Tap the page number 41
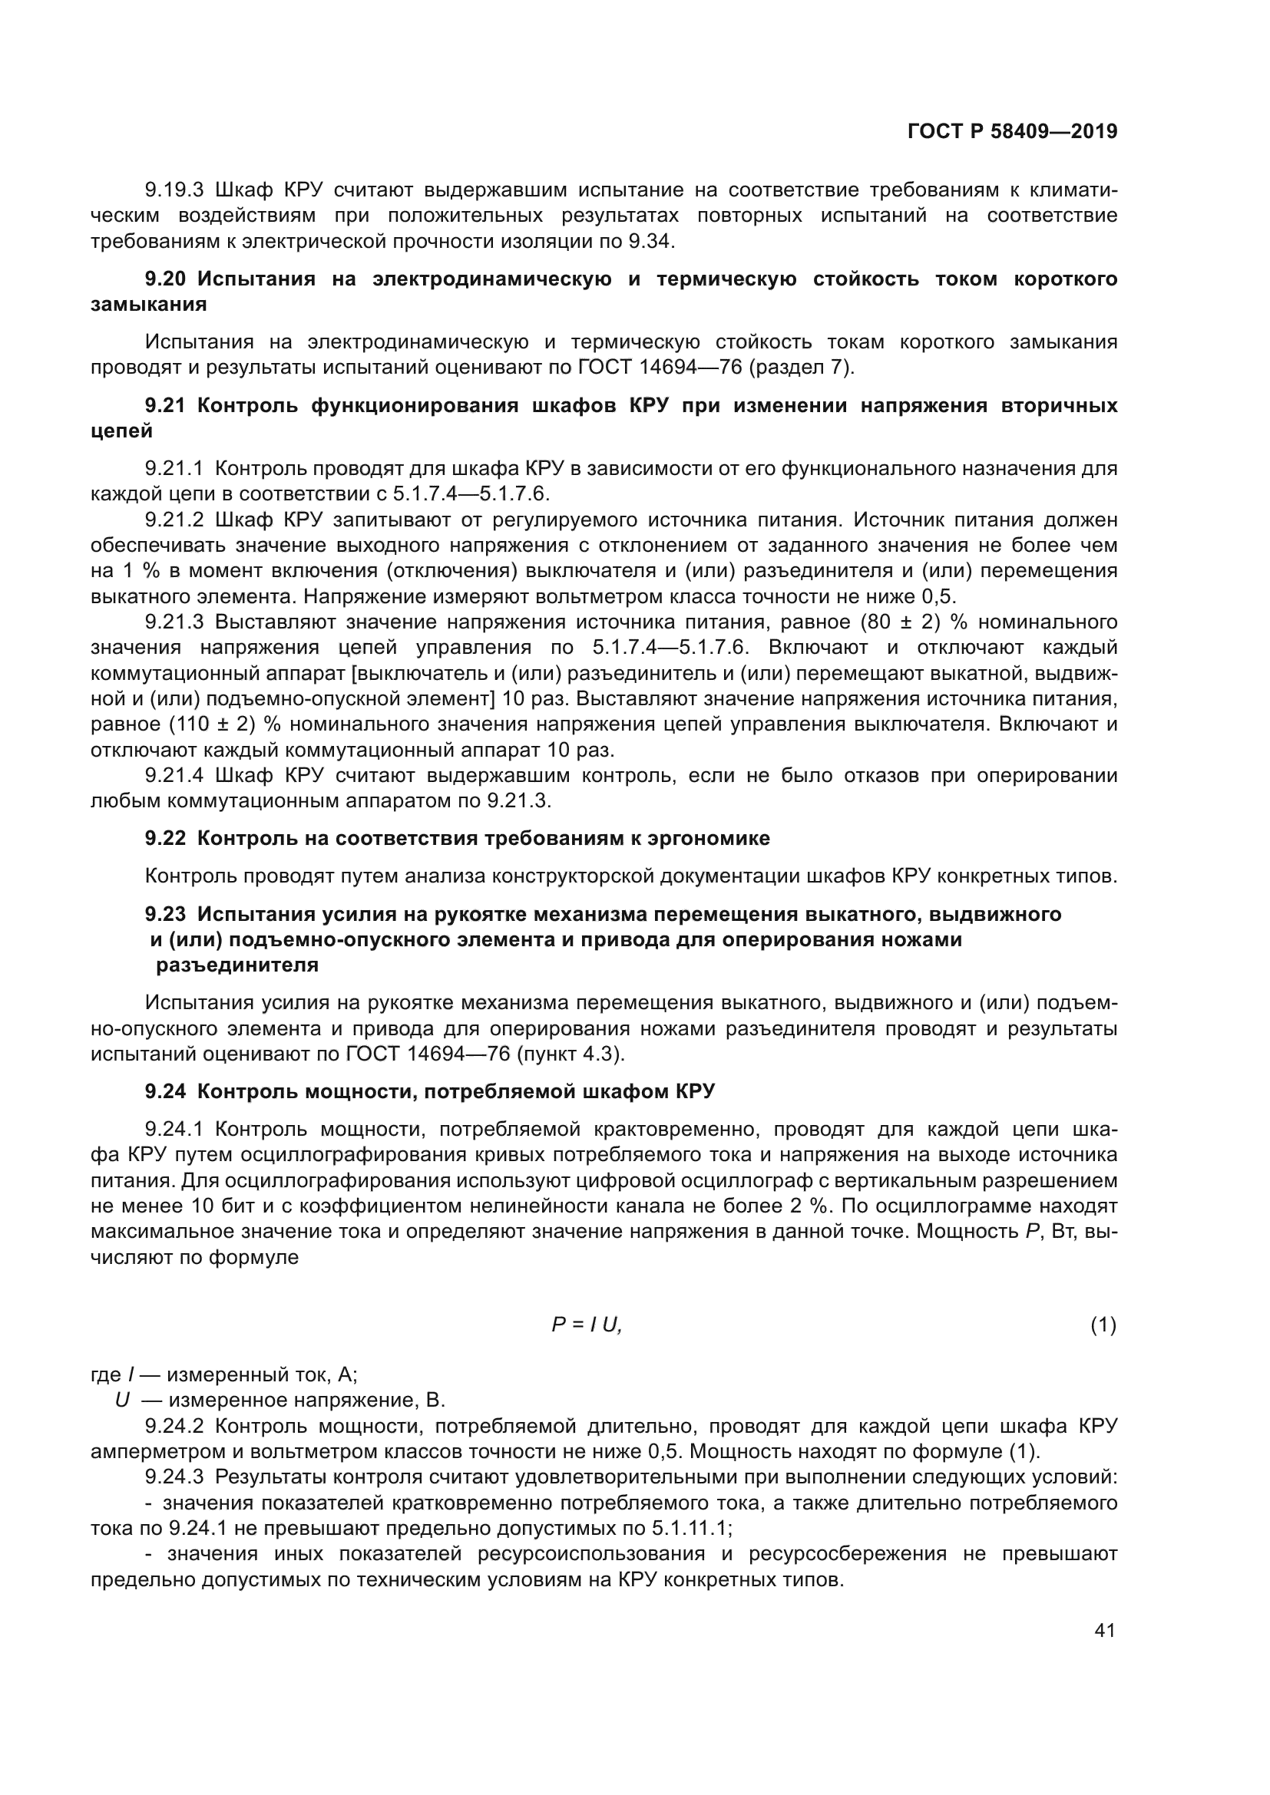coord(1104,1630)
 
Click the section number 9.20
coord(165,279)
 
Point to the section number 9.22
coord(165,838)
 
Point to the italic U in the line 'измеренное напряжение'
coord(122,1401)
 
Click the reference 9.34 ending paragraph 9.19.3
coord(650,241)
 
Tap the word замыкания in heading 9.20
coord(149,304)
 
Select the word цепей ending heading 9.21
coord(121,431)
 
